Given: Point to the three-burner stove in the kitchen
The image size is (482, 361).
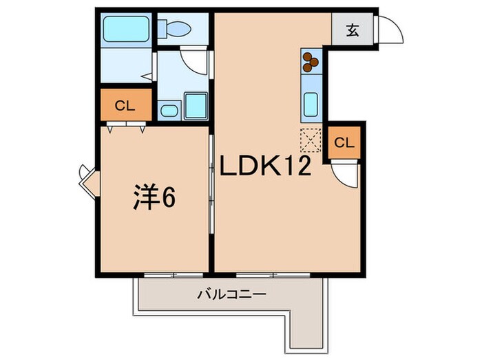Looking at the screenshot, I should (311, 62).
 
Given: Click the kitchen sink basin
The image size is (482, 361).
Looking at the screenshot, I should (311, 105).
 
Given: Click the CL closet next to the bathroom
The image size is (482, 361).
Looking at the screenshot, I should (124, 106).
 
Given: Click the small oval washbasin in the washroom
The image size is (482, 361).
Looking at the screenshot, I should (169, 110).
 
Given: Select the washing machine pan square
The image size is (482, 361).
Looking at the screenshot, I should (196, 106).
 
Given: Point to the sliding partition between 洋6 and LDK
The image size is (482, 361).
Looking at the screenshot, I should (211, 199).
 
